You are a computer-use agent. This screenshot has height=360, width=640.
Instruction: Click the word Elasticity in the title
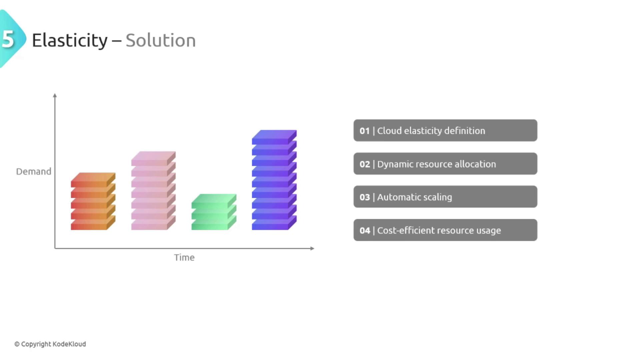tap(70, 41)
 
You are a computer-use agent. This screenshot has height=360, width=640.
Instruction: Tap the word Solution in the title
tap(161, 40)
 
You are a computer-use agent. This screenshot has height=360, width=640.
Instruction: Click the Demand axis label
tap(34, 171)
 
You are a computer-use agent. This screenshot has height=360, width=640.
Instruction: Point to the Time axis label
tap(184, 257)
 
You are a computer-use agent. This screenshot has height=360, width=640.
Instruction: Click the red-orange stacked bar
tap(93, 201)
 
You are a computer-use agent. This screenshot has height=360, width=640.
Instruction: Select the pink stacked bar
tap(153, 191)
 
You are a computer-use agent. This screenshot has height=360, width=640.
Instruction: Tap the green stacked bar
tap(214, 212)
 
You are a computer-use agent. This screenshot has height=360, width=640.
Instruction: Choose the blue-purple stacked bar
tap(274, 180)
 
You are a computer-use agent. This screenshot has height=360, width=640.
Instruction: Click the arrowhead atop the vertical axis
tap(55, 95)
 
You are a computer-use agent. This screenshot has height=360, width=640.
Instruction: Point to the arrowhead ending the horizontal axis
tap(312, 248)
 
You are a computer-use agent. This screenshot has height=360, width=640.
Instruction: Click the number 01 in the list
tap(365, 131)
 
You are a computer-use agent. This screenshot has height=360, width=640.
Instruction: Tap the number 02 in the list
tap(365, 164)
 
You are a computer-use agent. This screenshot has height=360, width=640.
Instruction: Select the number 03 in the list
tap(365, 197)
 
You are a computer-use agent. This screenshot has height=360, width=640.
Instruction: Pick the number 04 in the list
tap(365, 230)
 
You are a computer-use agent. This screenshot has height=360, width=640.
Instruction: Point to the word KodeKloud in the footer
tap(69, 344)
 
